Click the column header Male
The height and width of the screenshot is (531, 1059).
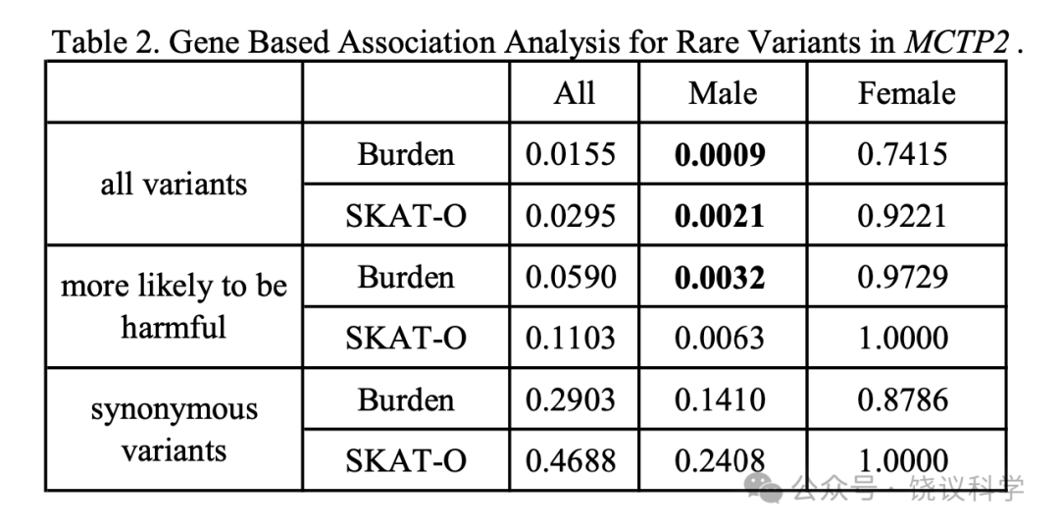click(722, 92)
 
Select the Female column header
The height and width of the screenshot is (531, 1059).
click(906, 92)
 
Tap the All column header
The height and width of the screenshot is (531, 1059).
click(574, 92)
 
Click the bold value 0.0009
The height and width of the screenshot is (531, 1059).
click(720, 154)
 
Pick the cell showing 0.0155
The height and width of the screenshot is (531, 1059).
click(571, 154)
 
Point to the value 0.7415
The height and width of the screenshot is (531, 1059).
click(903, 154)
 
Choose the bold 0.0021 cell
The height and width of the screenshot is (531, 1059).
click(720, 216)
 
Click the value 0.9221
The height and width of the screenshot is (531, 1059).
click(903, 216)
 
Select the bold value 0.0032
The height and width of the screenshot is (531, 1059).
click(720, 278)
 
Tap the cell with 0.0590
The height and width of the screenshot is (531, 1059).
click(571, 278)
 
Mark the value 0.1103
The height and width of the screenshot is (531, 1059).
click(571, 339)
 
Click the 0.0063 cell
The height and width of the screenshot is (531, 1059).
click(720, 339)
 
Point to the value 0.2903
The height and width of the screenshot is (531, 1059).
click(571, 399)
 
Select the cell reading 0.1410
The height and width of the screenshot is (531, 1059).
click(720, 399)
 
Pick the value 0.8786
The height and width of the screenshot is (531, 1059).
click(903, 399)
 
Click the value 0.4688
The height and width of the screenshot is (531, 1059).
click(571, 460)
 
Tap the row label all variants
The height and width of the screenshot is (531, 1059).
click(174, 184)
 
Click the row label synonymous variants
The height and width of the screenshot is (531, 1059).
click(175, 430)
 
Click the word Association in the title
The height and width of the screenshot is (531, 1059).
click(417, 42)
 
